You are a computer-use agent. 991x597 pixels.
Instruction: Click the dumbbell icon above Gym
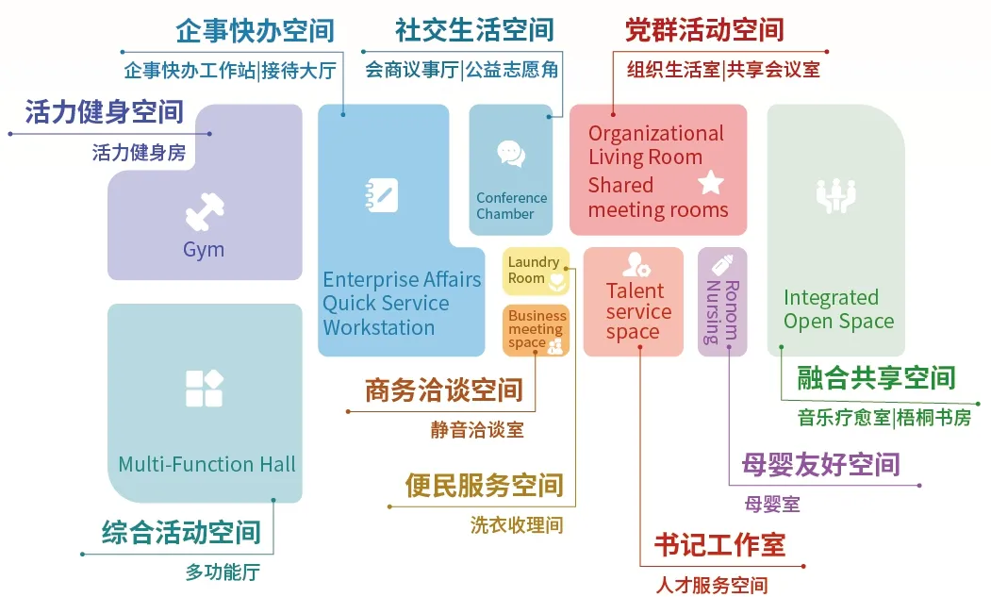pos(204,211)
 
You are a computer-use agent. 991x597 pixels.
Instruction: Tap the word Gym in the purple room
pos(204,250)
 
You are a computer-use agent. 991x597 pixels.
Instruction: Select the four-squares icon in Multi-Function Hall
pos(204,389)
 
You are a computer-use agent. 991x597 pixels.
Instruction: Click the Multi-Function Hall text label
pos(206,464)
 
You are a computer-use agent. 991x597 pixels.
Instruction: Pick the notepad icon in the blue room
pos(381,195)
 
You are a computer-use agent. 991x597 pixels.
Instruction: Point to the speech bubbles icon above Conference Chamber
pos(511,154)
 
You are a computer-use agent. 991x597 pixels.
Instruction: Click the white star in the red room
pos(710,182)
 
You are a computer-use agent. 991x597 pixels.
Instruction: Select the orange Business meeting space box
pos(536,330)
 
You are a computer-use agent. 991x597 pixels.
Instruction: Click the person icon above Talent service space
pos(634,265)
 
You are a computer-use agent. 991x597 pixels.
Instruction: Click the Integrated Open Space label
pos(838,309)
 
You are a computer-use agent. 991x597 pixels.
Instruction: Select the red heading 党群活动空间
pos(704,31)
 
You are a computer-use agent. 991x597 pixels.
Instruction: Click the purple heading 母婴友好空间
pos(820,464)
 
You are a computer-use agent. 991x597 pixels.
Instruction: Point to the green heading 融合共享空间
pos(876,378)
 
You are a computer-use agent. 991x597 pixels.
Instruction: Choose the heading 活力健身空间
pos(104,112)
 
